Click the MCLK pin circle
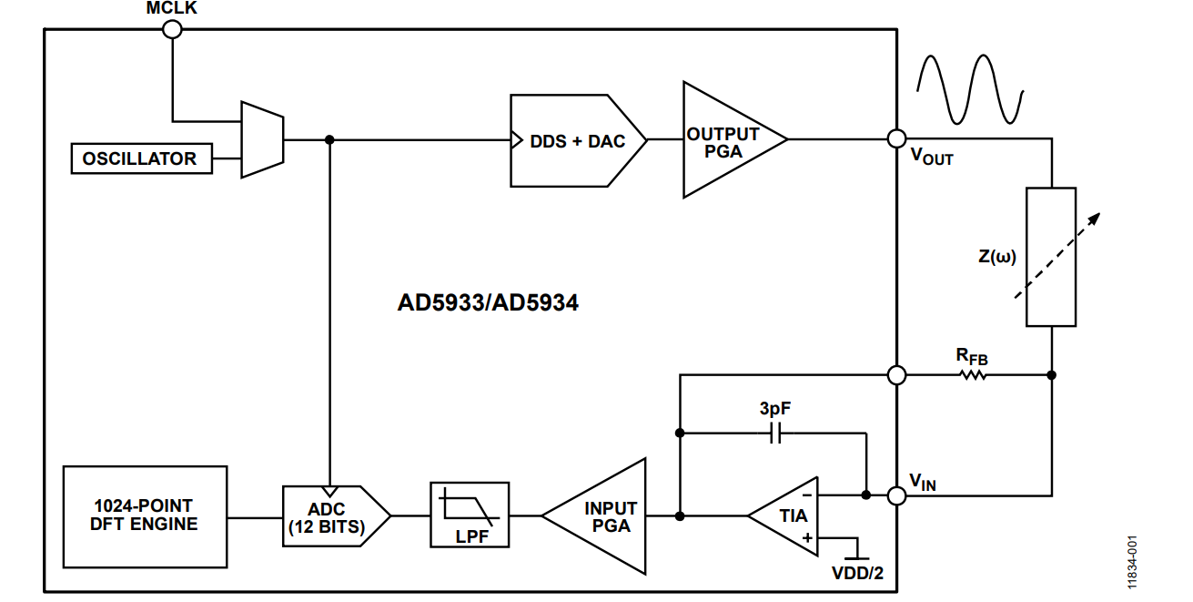171,29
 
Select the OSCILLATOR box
140,158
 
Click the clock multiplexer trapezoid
262,139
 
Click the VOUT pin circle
896,139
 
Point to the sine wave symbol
969,89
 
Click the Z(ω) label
997,256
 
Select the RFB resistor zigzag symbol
973,374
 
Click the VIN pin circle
896,495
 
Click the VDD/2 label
857,574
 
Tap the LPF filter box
470,515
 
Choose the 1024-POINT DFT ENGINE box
145,515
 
